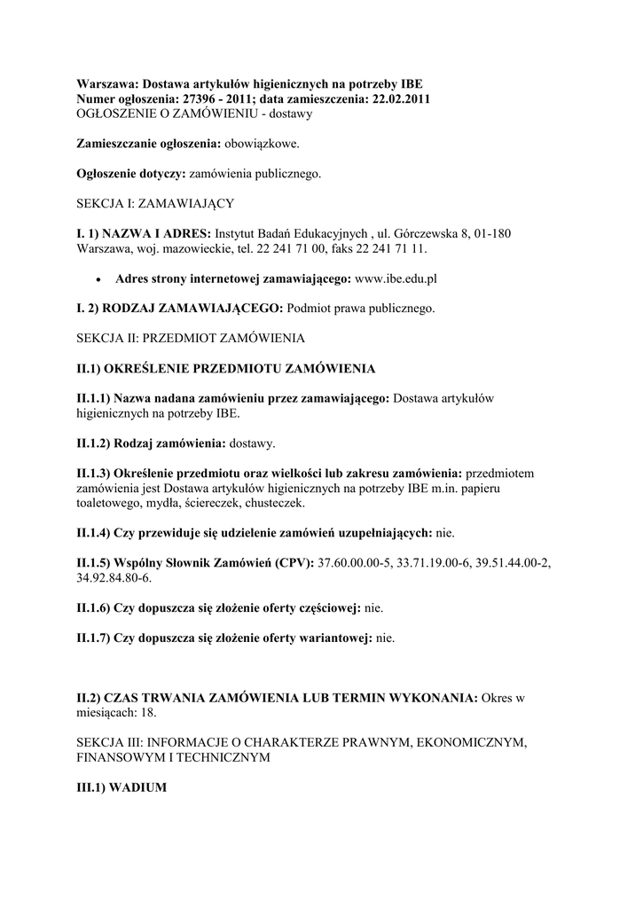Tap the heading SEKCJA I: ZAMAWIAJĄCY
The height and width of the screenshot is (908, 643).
click(x=155, y=203)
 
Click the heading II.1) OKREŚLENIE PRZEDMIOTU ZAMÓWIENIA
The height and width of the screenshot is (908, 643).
click(x=226, y=368)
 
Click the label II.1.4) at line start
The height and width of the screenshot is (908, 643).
click(x=93, y=533)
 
